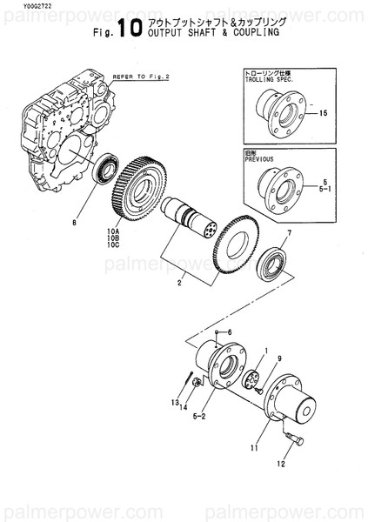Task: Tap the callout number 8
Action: (76, 222)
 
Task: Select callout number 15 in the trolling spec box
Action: (323, 114)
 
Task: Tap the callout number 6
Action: (230, 332)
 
